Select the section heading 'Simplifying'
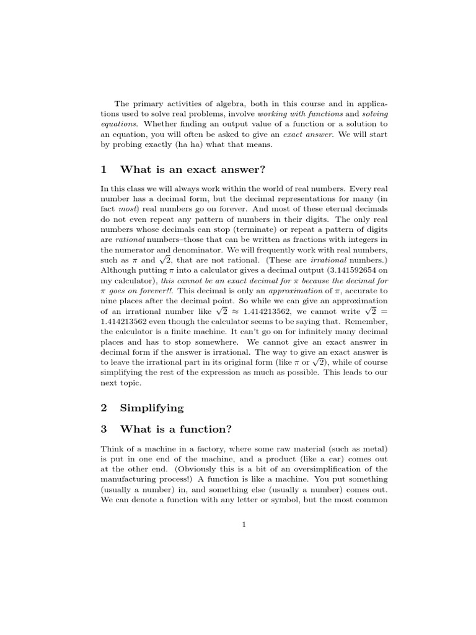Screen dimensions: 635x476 (x=152, y=407)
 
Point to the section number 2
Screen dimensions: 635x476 (x=104, y=407)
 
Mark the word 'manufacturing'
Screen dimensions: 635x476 (x=128, y=479)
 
